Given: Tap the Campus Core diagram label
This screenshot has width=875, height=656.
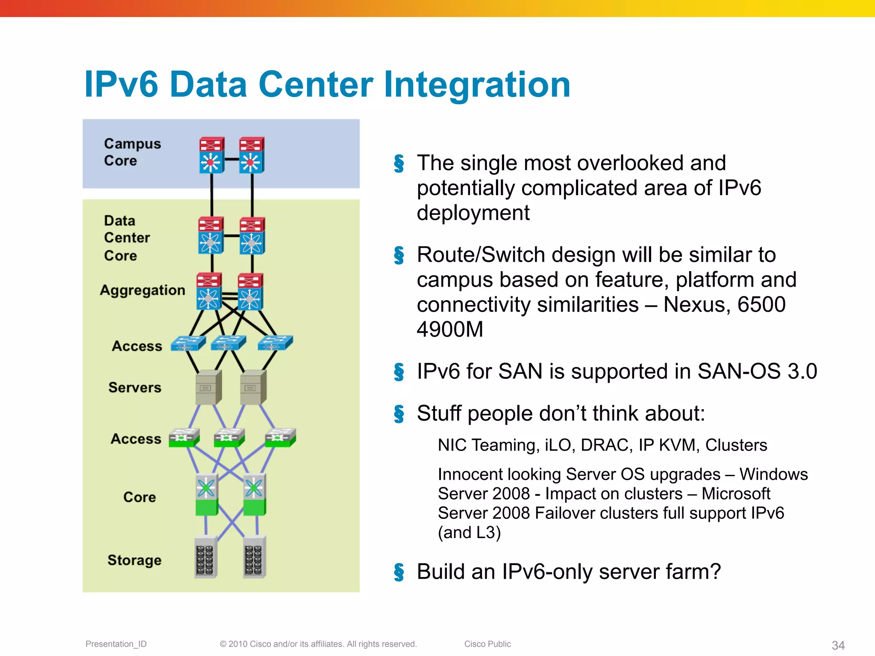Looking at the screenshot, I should (132, 152).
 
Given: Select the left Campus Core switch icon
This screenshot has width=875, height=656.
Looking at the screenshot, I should (211, 155).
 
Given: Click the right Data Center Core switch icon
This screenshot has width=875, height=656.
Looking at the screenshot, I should (252, 236).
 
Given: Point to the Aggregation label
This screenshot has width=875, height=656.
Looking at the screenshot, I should (142, 290).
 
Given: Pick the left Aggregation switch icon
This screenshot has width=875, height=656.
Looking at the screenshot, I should (208, 291).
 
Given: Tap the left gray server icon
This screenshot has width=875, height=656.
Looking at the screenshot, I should (208, 387).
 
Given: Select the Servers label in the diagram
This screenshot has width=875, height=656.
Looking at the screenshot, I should (135, 387).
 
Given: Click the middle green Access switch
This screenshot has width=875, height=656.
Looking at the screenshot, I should (229, 438).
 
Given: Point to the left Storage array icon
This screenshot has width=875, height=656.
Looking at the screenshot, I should (206, 557).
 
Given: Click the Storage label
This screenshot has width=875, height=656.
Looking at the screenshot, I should (134, 560).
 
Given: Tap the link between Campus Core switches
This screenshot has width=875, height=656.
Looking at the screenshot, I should (232, 159).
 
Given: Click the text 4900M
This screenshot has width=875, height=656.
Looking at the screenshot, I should (450, 330).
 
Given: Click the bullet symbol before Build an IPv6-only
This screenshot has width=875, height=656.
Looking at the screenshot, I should (399, 572).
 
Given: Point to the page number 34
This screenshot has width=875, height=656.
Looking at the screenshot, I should (838, 645).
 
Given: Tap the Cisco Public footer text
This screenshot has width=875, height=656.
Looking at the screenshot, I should (487, 644).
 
